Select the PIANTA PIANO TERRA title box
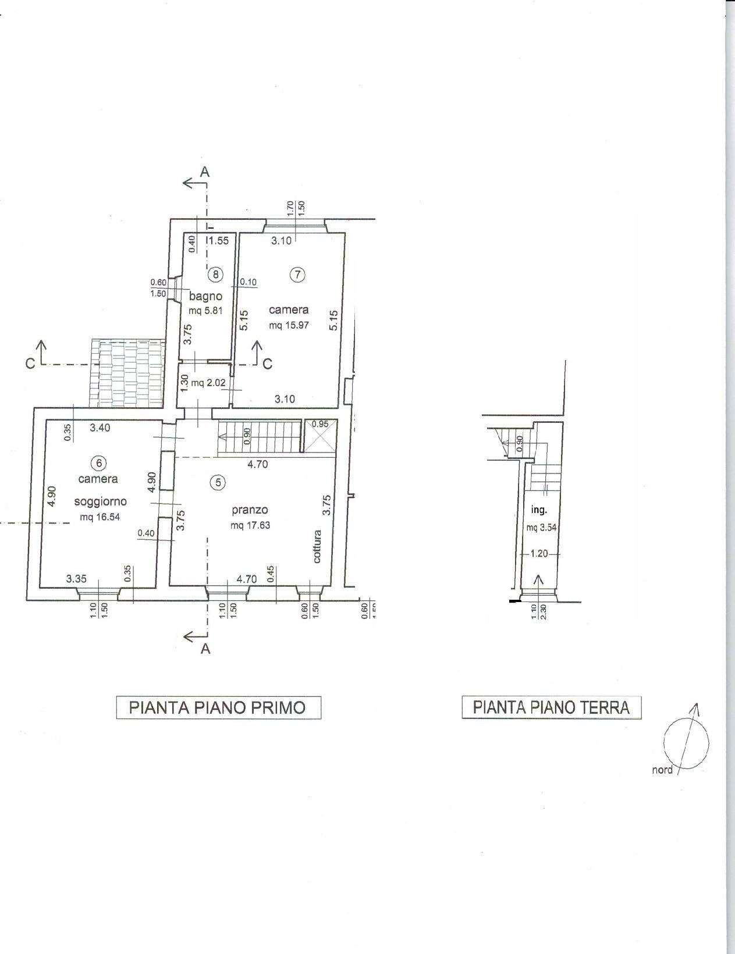point(552,707)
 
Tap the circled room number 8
point(215,275)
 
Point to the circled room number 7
point(298,275)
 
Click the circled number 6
point(99,462)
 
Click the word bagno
point(205,296)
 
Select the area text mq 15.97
point(289,325)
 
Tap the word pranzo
point(250,510)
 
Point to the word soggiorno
point(101,501)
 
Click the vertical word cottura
point(317,547)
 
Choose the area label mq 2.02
point(208,383)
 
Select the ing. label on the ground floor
point(539,510)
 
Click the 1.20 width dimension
point(539,554)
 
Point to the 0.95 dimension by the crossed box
point(321,424)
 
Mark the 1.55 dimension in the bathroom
point(219,241)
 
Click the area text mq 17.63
point(250,525)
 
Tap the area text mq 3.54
point(541,528)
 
